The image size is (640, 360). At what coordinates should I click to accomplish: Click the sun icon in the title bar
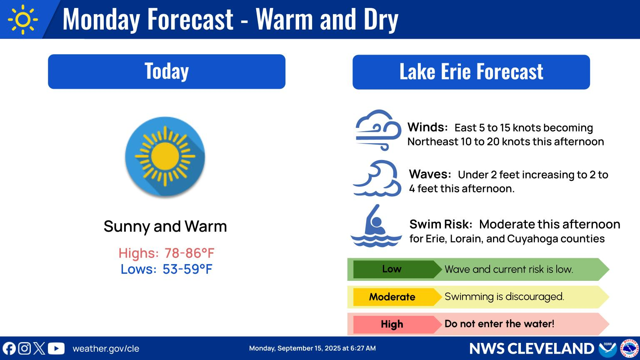[x=22, y=19]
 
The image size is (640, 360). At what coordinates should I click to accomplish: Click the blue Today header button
[x=167, y=71]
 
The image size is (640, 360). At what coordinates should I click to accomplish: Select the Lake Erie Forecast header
[x=471, y=72]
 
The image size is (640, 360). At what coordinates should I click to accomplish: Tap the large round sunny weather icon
[x=165, y=157]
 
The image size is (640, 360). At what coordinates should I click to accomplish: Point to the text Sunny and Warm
[x=165, y=227]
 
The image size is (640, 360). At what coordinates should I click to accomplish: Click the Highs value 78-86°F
[x=189, y=253]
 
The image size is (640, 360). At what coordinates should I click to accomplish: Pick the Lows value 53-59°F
[x=187, y=269]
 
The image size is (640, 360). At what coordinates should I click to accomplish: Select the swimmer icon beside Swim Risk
[x=376, y=227]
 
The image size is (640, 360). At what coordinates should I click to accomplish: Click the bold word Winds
[x=427, y=127]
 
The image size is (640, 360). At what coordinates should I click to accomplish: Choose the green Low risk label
[x=392, y=269]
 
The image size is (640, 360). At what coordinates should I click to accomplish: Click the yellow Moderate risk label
[x=392, y=297]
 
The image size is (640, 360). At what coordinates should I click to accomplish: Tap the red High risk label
[x=392, y=324]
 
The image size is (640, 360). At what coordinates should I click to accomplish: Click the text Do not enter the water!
[x=499, y=324]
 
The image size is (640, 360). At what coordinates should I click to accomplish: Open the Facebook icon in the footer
[x=9, y=348]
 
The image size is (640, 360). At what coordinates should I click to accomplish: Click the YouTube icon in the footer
[x=56, y=348]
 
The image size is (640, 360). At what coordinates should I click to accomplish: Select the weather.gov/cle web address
[x=106, y=349]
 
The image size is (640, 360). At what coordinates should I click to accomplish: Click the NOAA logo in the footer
[x=607, y=348]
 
